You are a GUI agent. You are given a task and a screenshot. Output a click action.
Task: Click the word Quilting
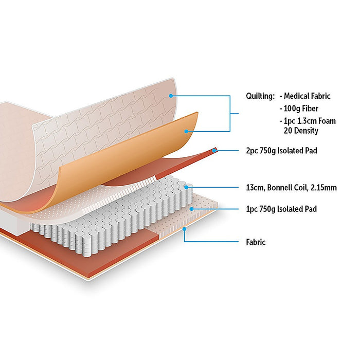(x=260, y=96)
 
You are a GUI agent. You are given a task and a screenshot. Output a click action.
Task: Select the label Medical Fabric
(x=307, y=96)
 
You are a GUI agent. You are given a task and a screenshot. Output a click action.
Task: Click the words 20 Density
(x=301, y=131)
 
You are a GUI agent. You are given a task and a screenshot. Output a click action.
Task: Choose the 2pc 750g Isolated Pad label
(x=281, y=151)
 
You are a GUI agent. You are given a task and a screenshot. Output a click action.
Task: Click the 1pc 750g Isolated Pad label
(x=281, y=209)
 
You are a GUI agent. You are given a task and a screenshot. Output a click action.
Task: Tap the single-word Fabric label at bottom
(x=256, y=242)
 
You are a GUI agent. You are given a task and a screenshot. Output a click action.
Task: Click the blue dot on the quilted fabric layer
(x=171, y=96)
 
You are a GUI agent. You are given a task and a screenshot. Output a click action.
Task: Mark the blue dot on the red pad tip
(x=214, y=151)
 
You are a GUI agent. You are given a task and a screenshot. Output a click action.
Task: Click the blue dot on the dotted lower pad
(x=191, y=209)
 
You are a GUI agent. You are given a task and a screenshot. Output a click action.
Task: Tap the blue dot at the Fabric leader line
(x=184, y=229)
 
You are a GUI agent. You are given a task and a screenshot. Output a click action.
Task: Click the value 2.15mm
(x=325, y=188)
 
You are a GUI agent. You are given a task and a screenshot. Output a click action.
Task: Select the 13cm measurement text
(x=255, y=188)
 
